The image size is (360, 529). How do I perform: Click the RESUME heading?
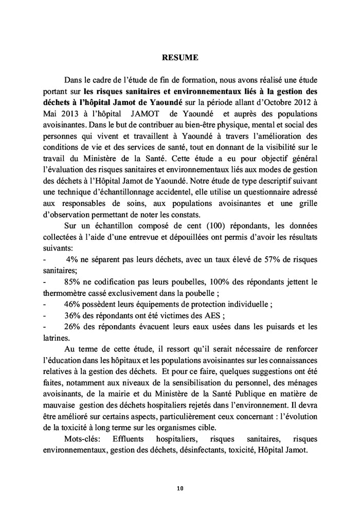(180, 58)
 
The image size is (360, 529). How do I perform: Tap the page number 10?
(180, 488)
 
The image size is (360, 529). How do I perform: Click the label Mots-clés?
(81, 439)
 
